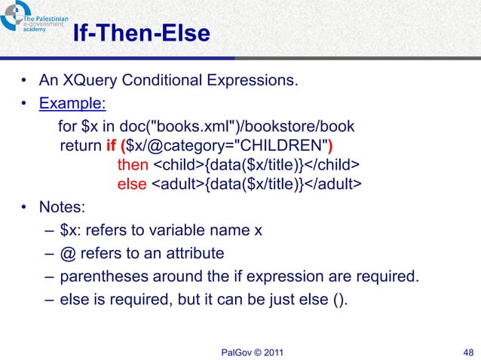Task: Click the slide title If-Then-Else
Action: (141, 35)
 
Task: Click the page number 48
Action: (465, 351)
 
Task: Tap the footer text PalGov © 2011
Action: (250, 351)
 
